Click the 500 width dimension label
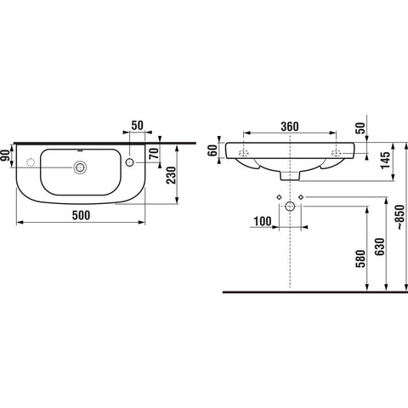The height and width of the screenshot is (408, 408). [81, 215]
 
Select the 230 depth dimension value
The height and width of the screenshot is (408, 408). [171, 175]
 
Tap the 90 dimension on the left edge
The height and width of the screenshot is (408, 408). [5, 156]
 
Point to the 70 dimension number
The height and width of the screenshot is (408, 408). [155, 153]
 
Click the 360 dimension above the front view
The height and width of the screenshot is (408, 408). [290, 127]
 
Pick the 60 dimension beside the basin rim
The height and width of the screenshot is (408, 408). [212, 150]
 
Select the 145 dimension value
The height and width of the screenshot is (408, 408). [385, 161]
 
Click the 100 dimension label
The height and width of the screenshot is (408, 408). [263, 221]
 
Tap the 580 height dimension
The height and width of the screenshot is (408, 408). [360, 258]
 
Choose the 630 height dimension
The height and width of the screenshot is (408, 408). [380, 246]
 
